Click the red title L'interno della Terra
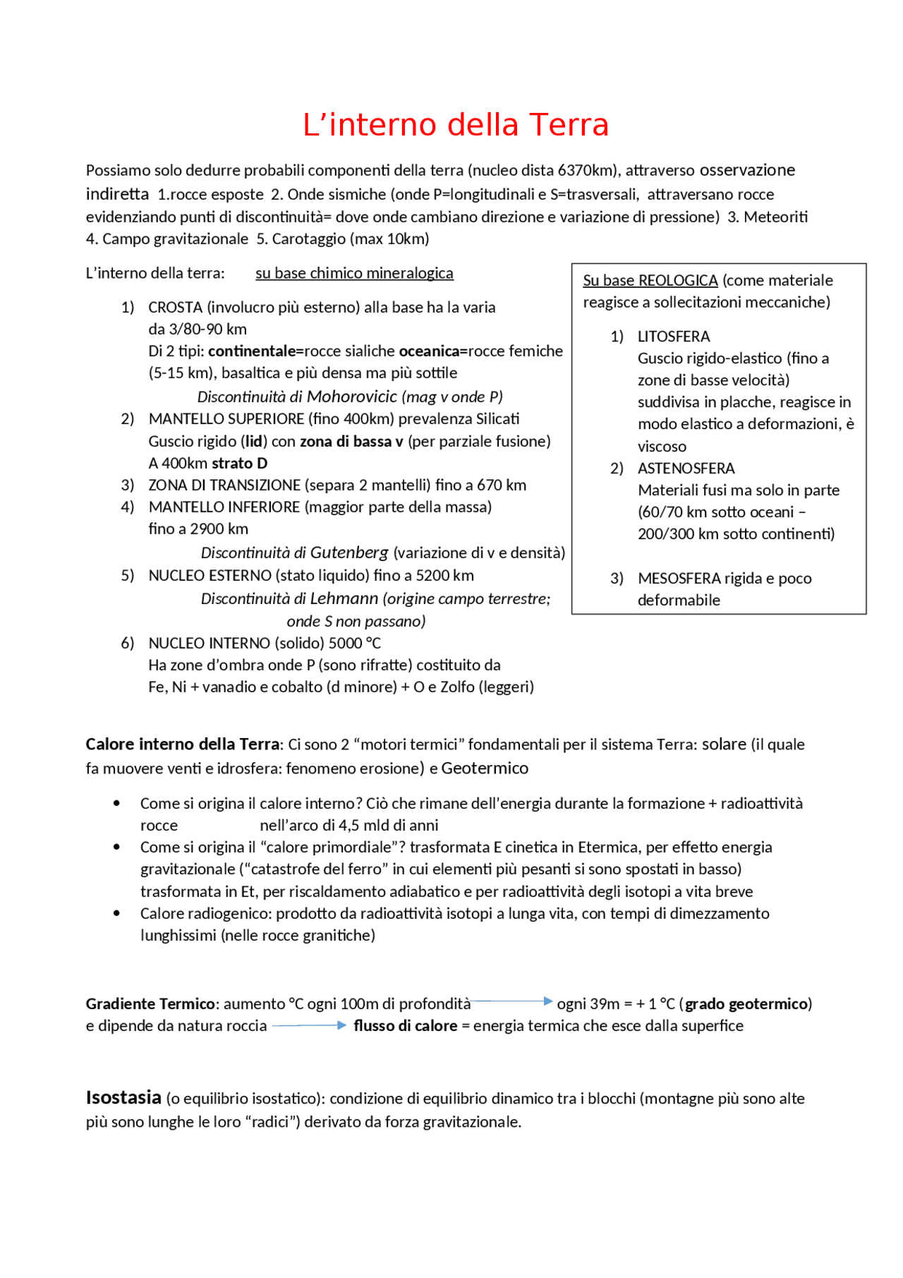(x=455, y=125)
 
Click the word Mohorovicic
(x=352, y=397)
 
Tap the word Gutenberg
(x=349, y=553)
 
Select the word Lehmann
(x=344, y=598)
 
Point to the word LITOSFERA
(x=674, y=337)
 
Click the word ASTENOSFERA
(x=676, y=469)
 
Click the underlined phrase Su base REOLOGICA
(x=650, y=280)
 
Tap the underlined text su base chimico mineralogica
(x=354, y=273)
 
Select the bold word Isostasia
(x=123, y=1097)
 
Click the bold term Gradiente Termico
(x=150, y=1003)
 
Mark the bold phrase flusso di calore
(x=406, y=1025)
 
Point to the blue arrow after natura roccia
(x=310, y=1025)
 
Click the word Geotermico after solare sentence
(x=485, y=768)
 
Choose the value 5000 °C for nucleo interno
(x=355, y=643)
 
